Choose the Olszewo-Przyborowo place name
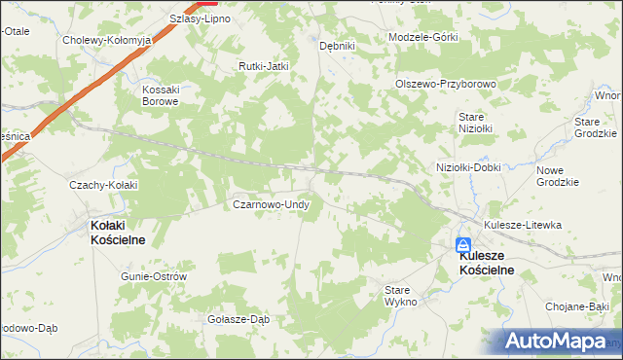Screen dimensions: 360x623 pyautogui.click(x=446, y=84)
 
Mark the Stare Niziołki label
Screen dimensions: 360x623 pyautogui.click(x=476, y=122)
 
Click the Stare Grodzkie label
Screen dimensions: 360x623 pyautogui.click(x=597, y=127)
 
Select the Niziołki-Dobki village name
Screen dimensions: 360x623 pyautogui.click(x=468, y=167)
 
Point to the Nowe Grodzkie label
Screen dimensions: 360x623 pyautogui.click(x=558, y=176)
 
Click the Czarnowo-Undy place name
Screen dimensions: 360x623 pyautogui.click(x=271, y=205)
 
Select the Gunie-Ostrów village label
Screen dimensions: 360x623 pyautogui.click(x=153, y=276)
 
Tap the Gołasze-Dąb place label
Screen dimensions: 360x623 pyautogui.click(x=238, y=319)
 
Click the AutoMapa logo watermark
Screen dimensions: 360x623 pyautogui.click(x=558, y=342)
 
